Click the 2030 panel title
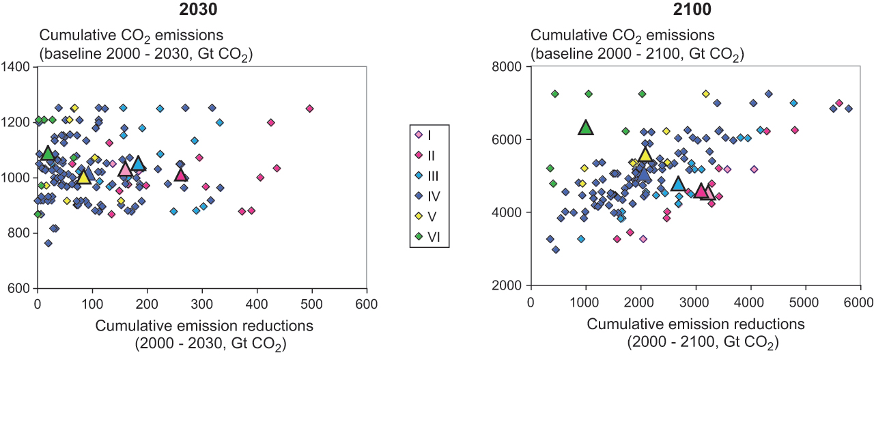tap(201, 10)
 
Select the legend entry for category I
tap(429, 135)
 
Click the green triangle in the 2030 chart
tap(48, 153)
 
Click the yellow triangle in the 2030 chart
tap(83, 178)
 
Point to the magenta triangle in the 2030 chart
tap(181, 175)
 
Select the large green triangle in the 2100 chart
tap(586, 128)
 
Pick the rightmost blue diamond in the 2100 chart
tap(849, 109)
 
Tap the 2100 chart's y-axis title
tap(636, 44)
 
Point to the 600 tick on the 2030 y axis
tap(18, 288)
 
